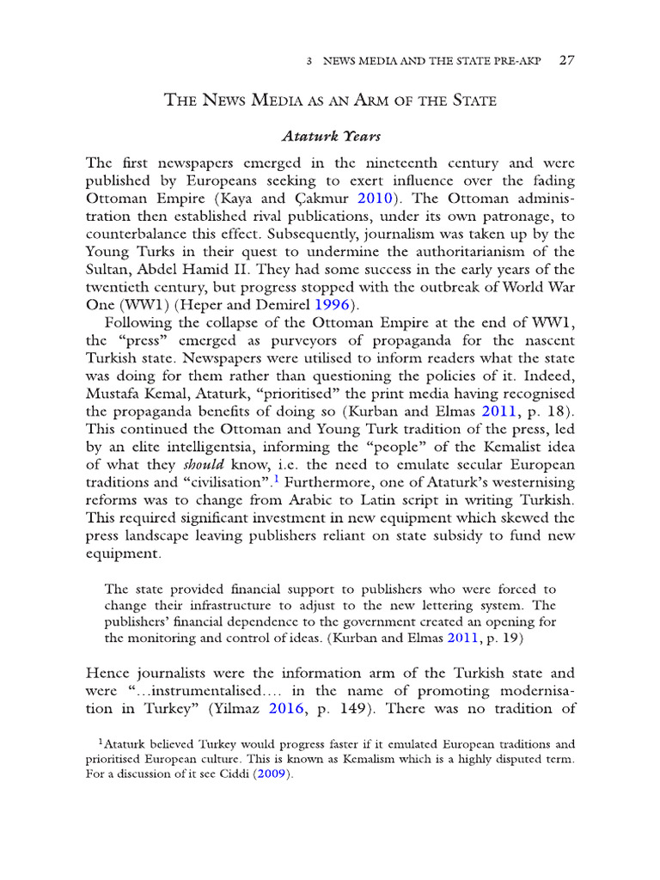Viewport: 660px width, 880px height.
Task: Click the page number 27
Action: point(566,61)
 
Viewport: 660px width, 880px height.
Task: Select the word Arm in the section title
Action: point(406,101)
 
